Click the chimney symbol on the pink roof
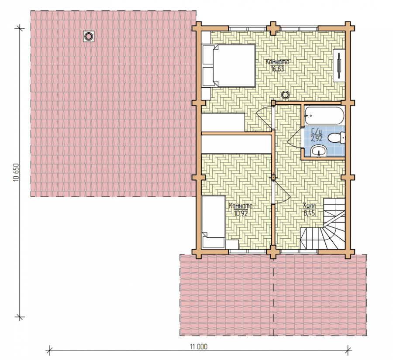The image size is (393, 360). pos(89,37)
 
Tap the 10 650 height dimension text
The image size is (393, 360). pos(16,172)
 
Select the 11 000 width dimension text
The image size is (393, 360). pos(199,346)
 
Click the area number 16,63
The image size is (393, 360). pos(277,69)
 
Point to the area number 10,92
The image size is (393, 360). pos(241,213)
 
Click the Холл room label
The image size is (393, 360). pos(309,206)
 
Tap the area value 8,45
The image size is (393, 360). pos(309,213)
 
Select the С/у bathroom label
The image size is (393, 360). pos(316,131)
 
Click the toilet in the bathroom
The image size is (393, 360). pos(337,138)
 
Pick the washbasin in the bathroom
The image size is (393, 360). pos(319,151)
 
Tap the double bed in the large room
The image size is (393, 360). pos(229,65)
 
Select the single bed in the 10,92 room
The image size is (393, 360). pos(214,222)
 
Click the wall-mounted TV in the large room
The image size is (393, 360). pos(339,65)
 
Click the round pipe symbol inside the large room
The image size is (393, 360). pos(285,95)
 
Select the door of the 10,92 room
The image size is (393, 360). pos(282,192)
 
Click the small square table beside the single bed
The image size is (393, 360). pos(232,244)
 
